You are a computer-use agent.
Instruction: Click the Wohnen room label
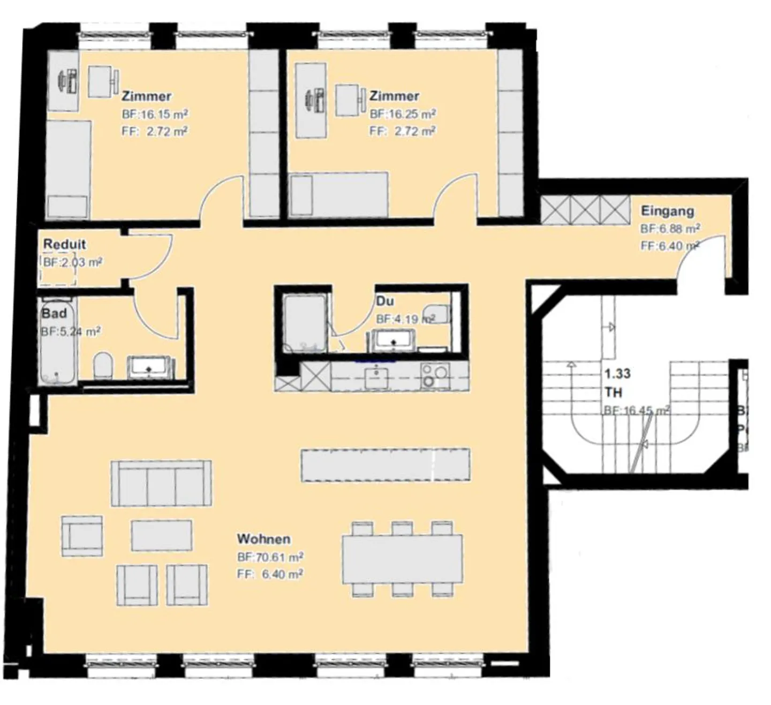(x=263, y=539)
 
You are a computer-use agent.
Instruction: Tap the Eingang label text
(x=667, y=210)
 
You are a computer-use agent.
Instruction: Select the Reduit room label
(x=64, y=244)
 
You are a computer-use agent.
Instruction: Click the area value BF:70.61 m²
(x=270, y=557)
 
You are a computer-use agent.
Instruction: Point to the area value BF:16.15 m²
(x=155, y=114)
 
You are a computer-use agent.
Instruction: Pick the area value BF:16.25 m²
(x=402, y=114)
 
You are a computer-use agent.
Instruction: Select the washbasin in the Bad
(x=149, y=367)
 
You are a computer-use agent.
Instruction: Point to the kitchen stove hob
(x=434, y=375)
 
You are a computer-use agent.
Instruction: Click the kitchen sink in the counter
(x=377, y=377)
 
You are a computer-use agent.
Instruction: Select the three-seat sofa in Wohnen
(x=161, y=483)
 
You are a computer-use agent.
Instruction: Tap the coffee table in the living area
(x=161, y=535)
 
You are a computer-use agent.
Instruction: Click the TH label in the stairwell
(x=613, y=392)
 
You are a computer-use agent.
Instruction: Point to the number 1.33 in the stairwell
(x=617, y=373)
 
